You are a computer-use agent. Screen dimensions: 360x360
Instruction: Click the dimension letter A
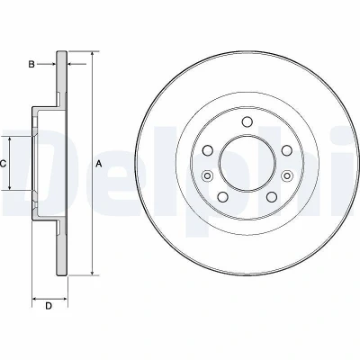99,164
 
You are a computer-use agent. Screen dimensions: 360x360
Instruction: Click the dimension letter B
31,64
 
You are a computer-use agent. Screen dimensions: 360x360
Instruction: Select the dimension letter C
3,164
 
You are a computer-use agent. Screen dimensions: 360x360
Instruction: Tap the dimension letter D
49,306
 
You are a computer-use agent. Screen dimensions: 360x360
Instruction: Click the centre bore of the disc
247,164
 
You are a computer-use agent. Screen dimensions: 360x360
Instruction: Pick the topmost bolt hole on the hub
247,122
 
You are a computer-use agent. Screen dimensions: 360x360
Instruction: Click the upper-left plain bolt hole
208,150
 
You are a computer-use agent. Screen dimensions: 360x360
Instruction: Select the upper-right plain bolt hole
287,150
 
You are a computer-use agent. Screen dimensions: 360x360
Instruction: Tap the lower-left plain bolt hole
222,197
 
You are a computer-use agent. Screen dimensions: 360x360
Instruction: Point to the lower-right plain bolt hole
272,197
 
